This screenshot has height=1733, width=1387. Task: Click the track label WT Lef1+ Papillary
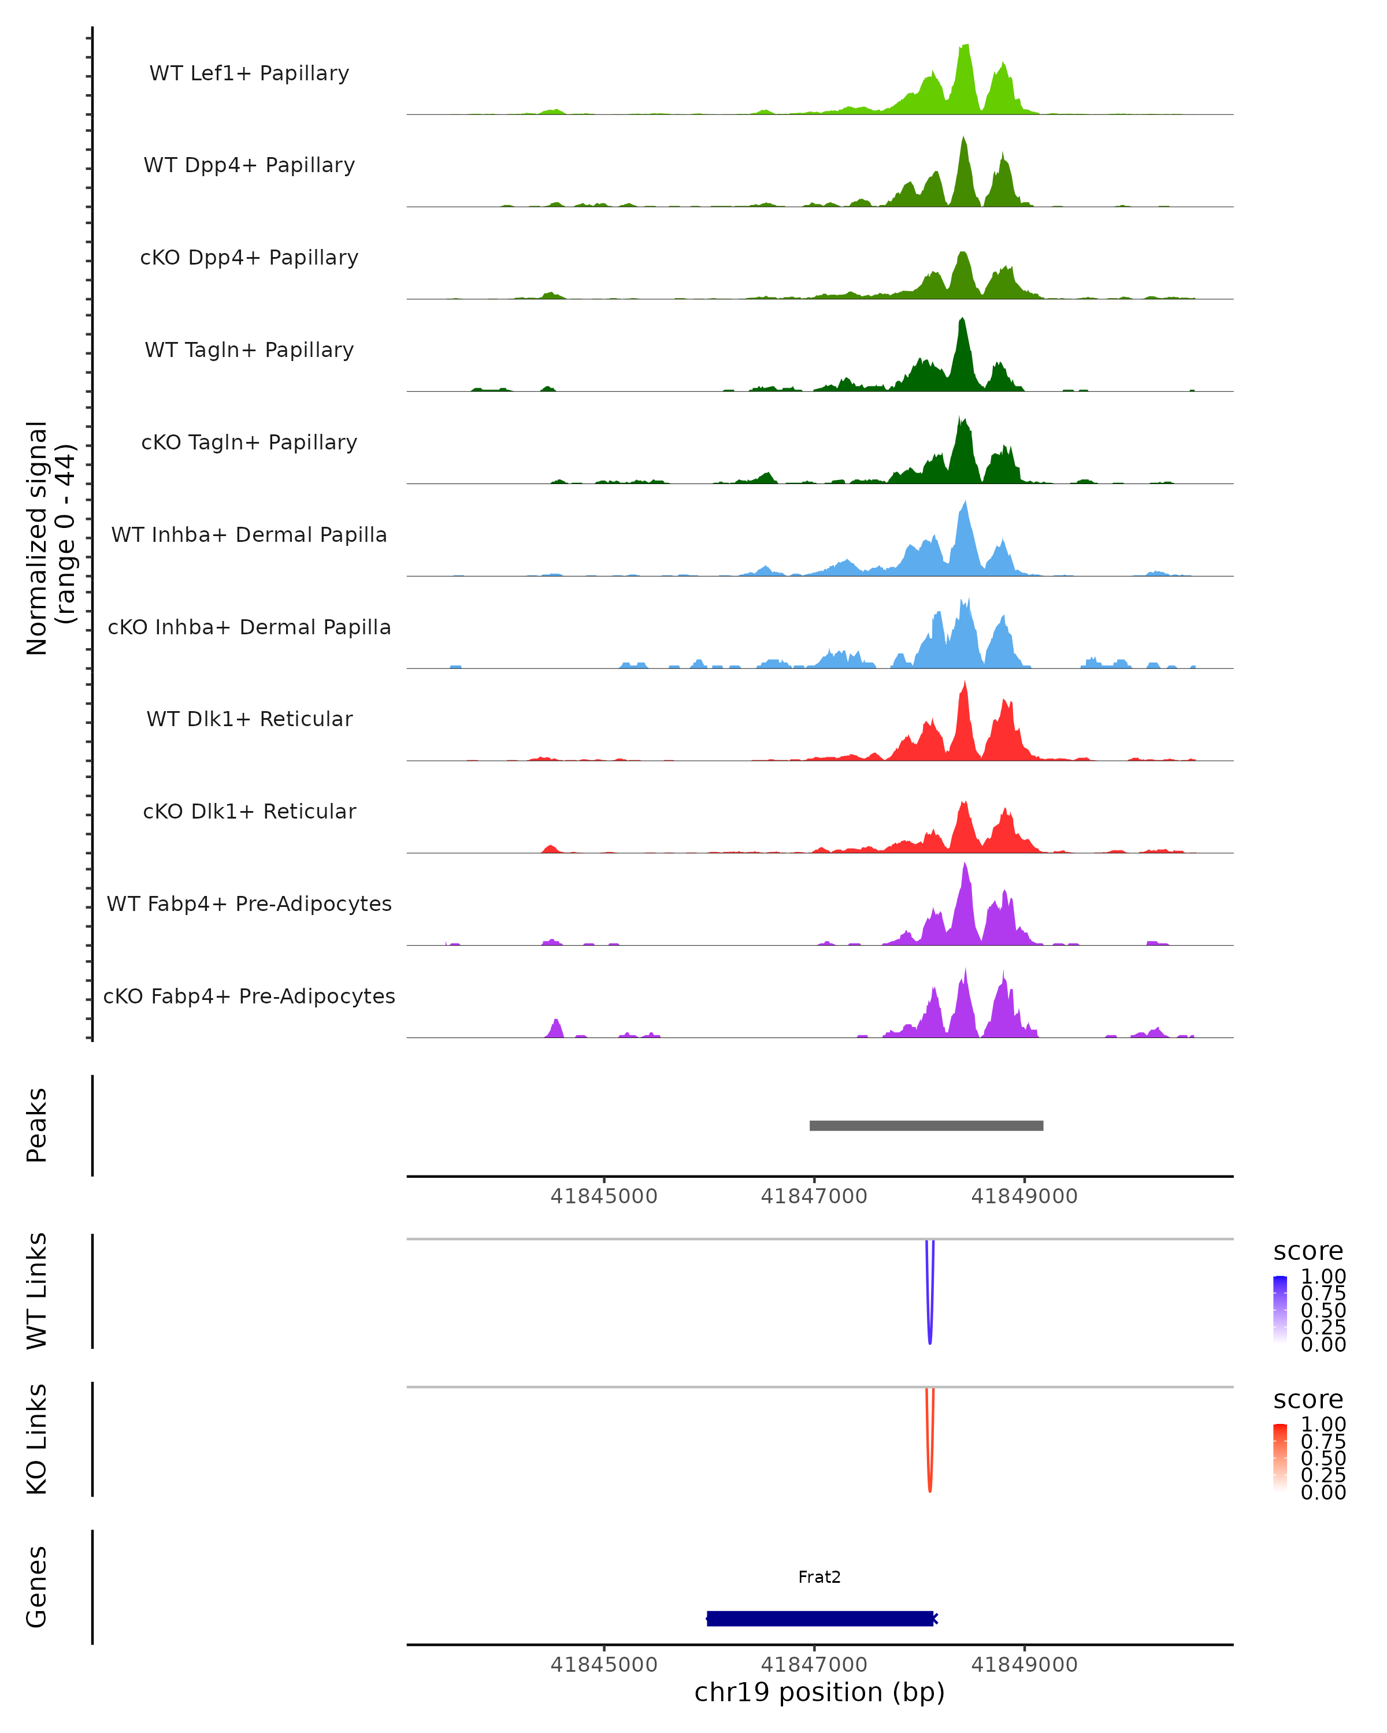[249, 73]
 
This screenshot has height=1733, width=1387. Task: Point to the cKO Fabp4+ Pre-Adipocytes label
[249, 996]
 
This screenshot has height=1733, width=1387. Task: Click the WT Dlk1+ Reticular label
[249, 719]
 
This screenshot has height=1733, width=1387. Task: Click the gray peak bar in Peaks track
[926, 1125]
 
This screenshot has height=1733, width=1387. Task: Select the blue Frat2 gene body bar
[819, 1618]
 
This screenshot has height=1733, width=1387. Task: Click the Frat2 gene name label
[819, 1577]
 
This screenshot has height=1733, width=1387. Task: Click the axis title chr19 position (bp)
[819, 1692]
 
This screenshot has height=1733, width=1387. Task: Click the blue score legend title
[1308, 1252]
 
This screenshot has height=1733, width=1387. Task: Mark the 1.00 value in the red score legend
[1323, 1425]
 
